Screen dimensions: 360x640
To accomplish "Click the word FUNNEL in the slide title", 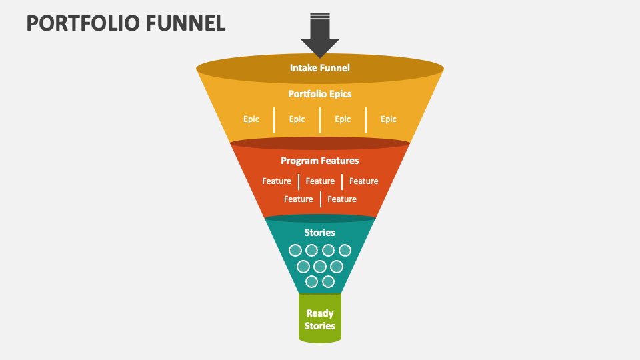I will tap(189, 23).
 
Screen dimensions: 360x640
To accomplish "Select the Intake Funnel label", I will tap(320, 67).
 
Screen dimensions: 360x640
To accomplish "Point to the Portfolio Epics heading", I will tap(320, 94).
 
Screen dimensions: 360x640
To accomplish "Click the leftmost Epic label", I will tap(251, 119).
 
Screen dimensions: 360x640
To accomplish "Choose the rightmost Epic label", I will tap(389, 119).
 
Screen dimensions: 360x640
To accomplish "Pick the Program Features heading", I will tap(320, 161).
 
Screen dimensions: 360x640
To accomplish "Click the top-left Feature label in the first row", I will tap(277, 181).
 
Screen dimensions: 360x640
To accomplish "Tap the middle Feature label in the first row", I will tap(320, 181).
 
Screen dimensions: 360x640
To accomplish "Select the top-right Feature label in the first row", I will tap(364, 181).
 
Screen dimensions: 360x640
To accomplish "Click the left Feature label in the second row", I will tap(298, 199).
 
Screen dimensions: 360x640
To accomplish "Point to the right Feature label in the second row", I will tap(342, 199).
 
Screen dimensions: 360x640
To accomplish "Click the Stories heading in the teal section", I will tap(320, 233).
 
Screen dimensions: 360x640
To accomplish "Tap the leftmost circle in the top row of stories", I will tap(295, 251).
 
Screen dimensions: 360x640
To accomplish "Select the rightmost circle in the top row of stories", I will tap(345, 251).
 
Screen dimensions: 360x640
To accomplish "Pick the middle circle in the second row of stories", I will tap(320, 267).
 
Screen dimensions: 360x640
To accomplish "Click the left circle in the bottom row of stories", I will tap(311, 282).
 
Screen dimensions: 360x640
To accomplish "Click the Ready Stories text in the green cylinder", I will tap(320, 319).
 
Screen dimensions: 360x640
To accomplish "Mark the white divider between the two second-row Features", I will tap(321, 199).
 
